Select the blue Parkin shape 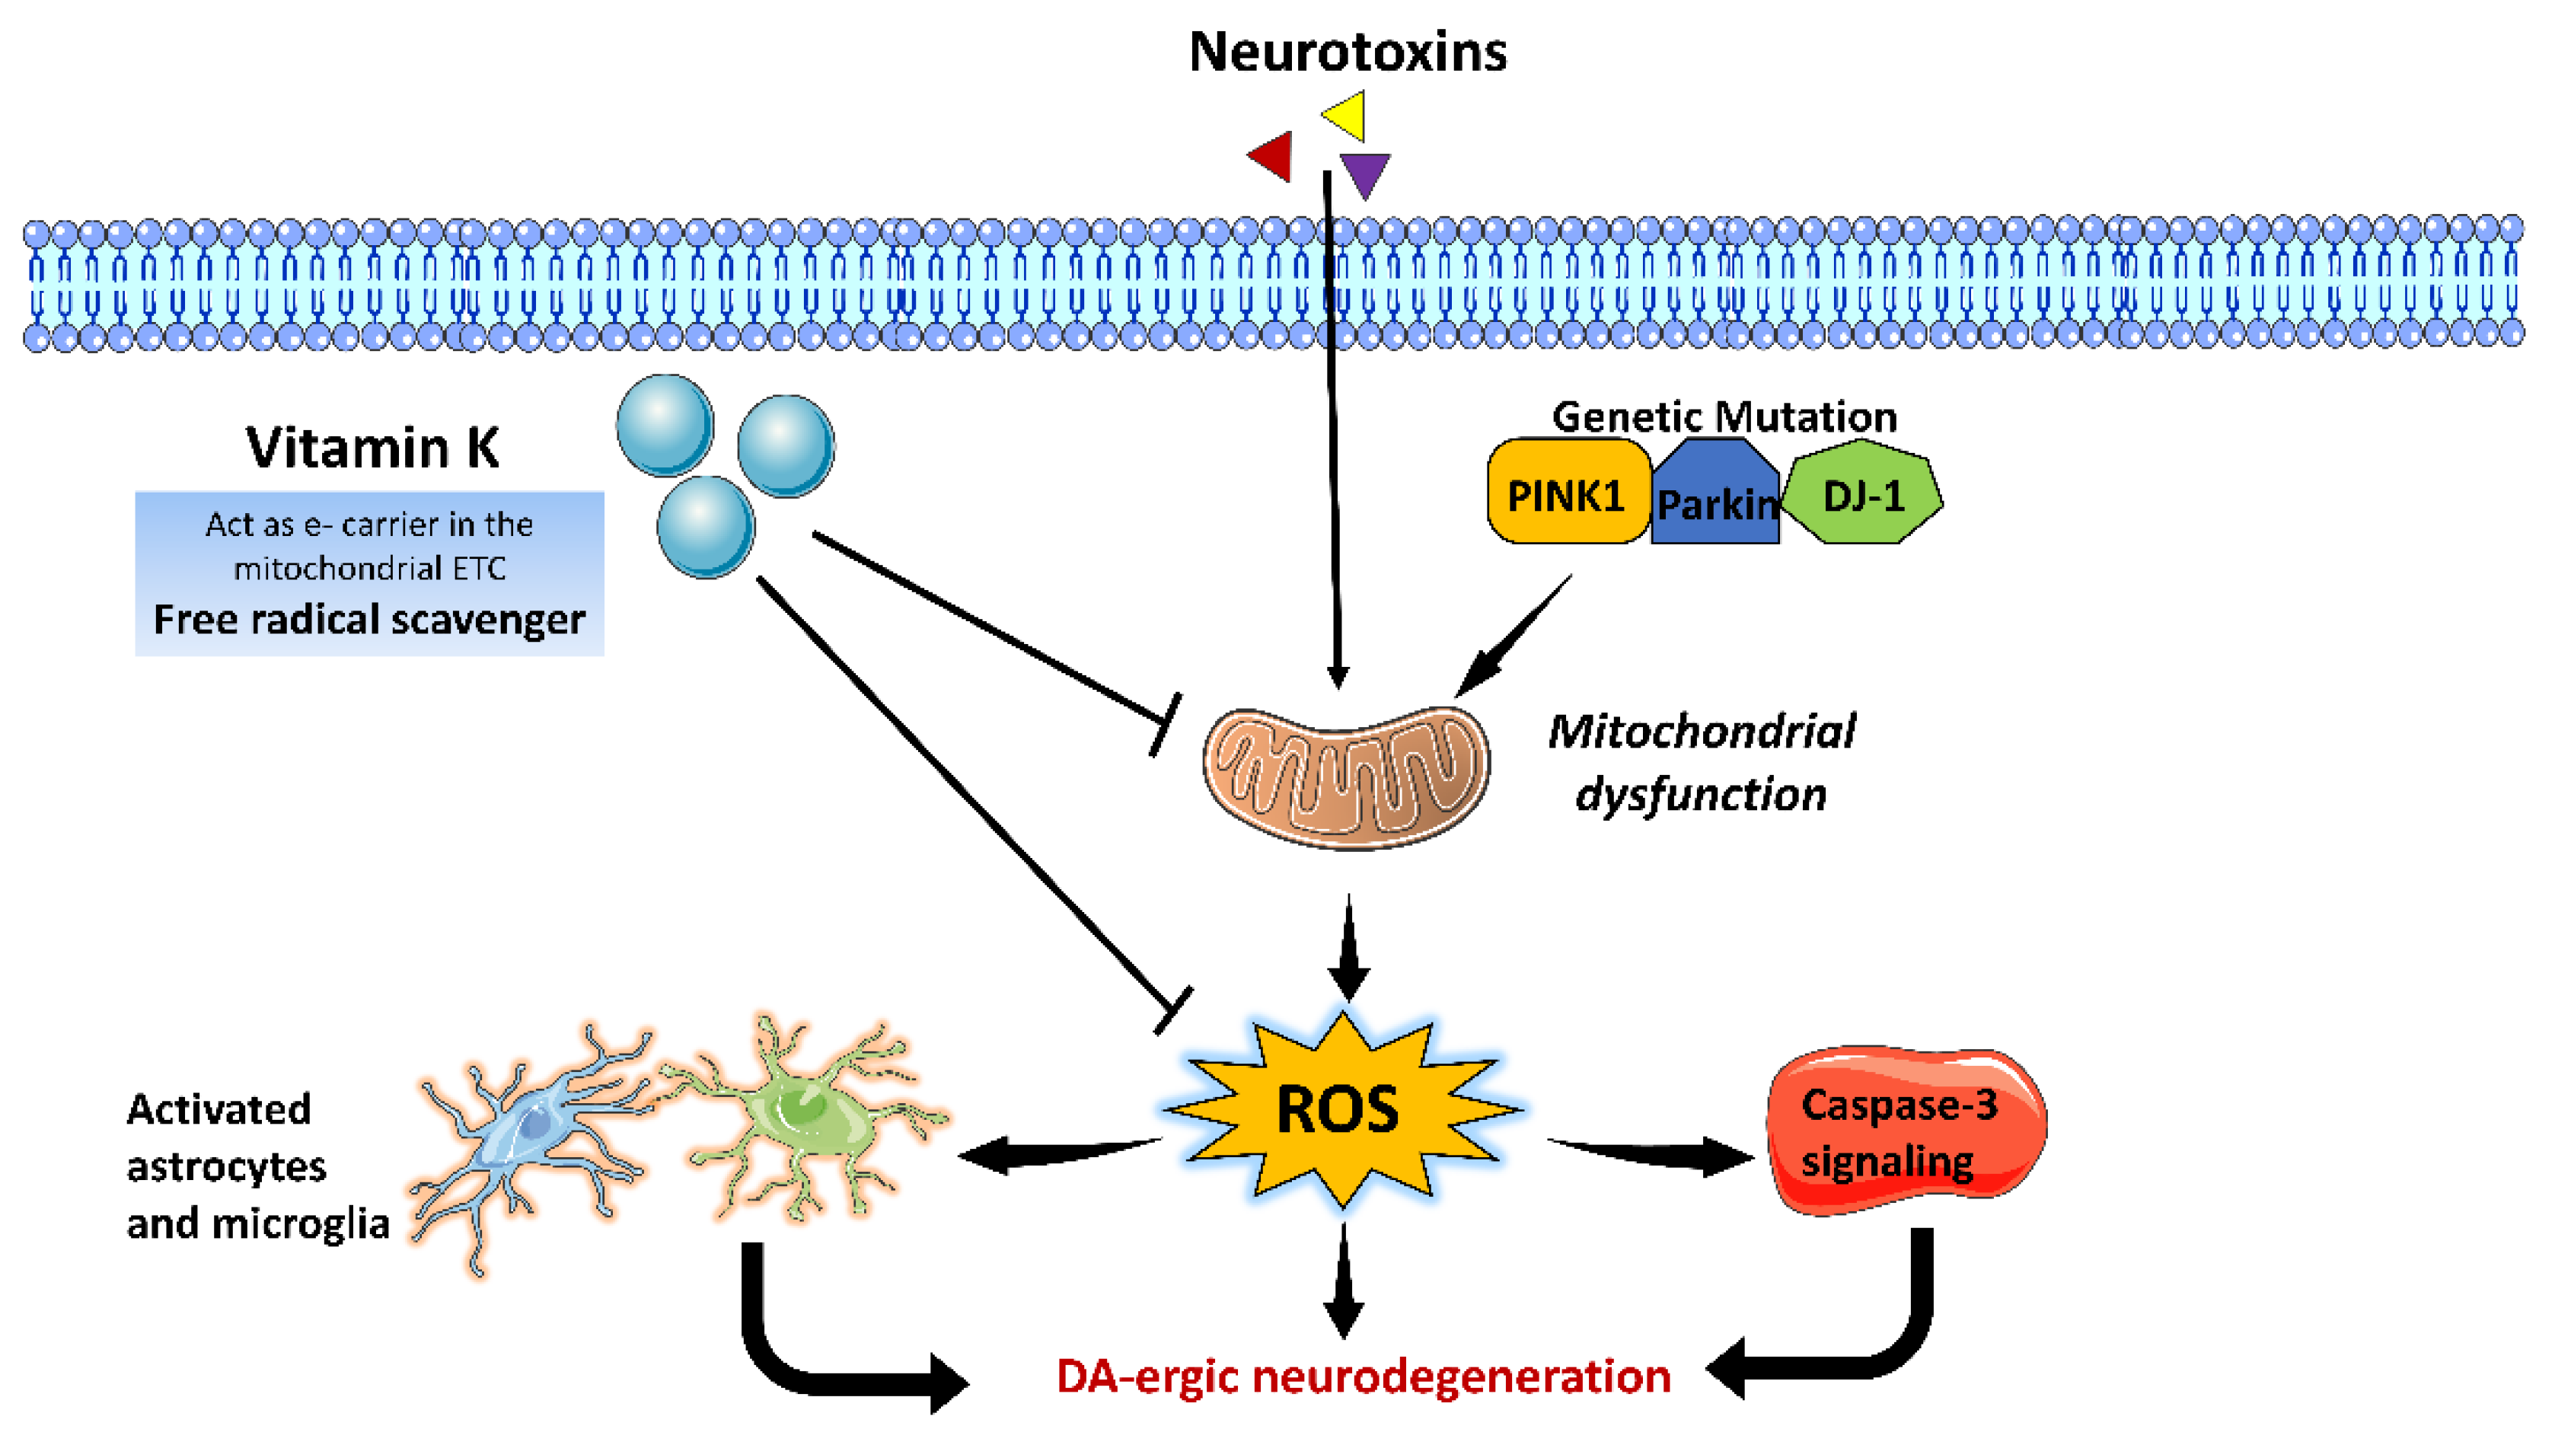coord(1715,496)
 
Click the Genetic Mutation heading coord(1724,416)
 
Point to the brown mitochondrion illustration coord(1346,777)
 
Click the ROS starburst coord(1339,1108)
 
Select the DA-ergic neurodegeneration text coord(1363,1376)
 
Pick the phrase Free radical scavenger coord(369,620)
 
